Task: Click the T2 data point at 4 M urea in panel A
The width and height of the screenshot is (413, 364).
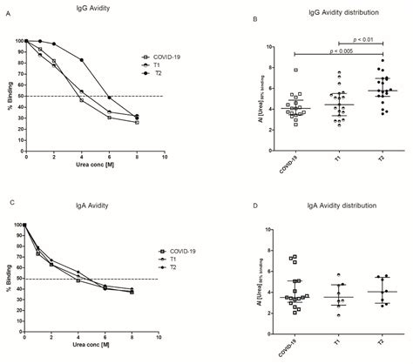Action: (82, 60)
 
